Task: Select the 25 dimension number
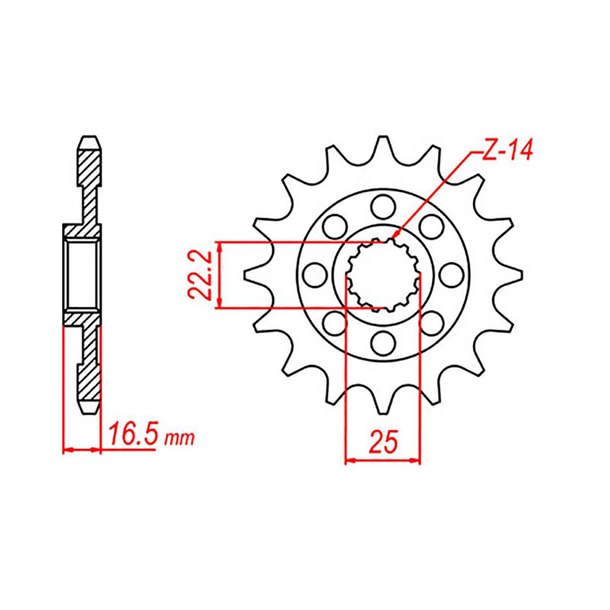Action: click(x=383, y=442)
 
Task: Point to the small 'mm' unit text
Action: click(x=179, y=439)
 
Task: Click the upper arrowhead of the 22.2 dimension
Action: click(x=219, y=246)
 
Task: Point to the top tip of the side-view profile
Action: click(x=91, y=138)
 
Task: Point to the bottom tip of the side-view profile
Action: click(x=91, y=411)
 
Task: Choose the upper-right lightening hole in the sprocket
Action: click(x=431, y=226)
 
